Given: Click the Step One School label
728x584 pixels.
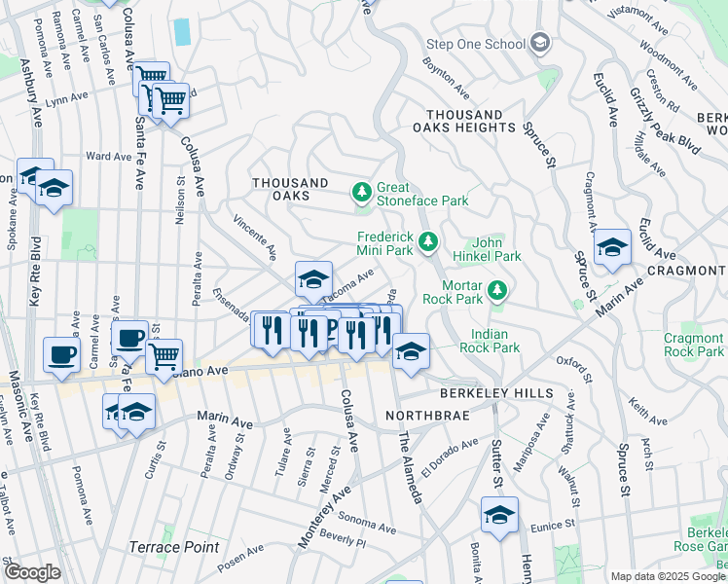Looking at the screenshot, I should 477,44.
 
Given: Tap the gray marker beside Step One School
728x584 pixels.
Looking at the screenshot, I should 540,44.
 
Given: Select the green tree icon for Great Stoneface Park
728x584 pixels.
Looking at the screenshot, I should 362,193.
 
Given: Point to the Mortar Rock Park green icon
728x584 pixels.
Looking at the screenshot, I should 497,290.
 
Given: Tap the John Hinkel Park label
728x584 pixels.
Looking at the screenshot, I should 496,249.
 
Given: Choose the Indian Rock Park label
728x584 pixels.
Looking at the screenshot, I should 489,341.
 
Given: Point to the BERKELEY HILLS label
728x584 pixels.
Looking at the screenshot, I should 496,393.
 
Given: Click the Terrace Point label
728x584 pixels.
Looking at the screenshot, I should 174,547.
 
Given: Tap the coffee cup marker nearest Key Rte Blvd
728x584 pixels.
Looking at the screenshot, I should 62,355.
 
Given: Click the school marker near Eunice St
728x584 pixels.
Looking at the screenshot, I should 499,514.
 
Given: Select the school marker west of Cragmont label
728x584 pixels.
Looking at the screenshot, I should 612,247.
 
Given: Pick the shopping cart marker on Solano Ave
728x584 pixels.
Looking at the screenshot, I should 164,356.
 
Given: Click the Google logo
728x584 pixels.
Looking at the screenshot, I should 32,572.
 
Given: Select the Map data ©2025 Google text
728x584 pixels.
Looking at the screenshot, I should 668,576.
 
